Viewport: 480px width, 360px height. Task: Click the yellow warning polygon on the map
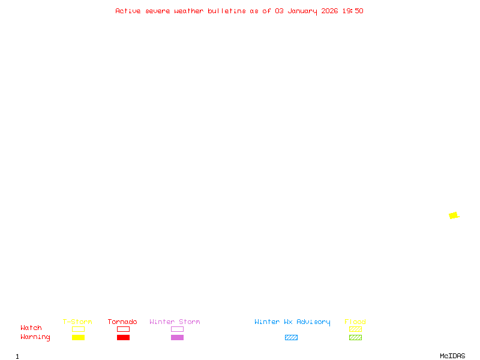coord(453,215)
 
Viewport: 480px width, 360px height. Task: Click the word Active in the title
coord(128,11)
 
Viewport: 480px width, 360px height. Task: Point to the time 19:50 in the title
coord(353,11)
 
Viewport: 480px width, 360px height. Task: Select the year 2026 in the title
coord(329,11)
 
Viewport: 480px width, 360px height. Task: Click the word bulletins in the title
coord(226,11)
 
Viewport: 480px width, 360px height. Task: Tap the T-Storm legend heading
coord(77,322)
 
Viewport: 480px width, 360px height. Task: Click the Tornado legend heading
coord(122,322)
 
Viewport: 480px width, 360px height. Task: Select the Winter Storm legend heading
coord(175,322)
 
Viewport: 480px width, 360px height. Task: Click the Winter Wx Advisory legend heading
coord(292,322)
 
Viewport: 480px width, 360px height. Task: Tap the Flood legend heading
coord(355,322)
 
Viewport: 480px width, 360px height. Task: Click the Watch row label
coord(31,328)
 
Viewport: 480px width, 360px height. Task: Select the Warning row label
coord(35,337)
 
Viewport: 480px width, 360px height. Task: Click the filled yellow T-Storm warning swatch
coord(78,338)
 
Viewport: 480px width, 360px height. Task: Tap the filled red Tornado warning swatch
coord(123,338)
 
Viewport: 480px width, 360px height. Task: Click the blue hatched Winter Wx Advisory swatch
coord(291,338)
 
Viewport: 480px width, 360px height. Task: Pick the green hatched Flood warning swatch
coord(355,338)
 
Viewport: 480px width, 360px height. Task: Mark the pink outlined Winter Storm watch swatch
coord(177,329)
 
